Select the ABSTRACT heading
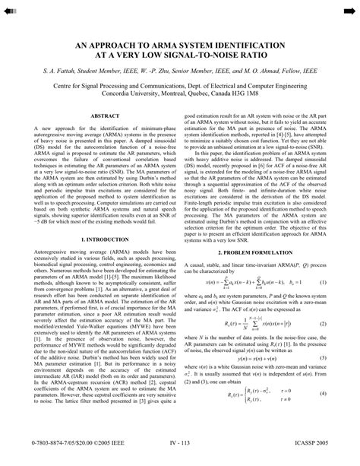click(104, 116)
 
